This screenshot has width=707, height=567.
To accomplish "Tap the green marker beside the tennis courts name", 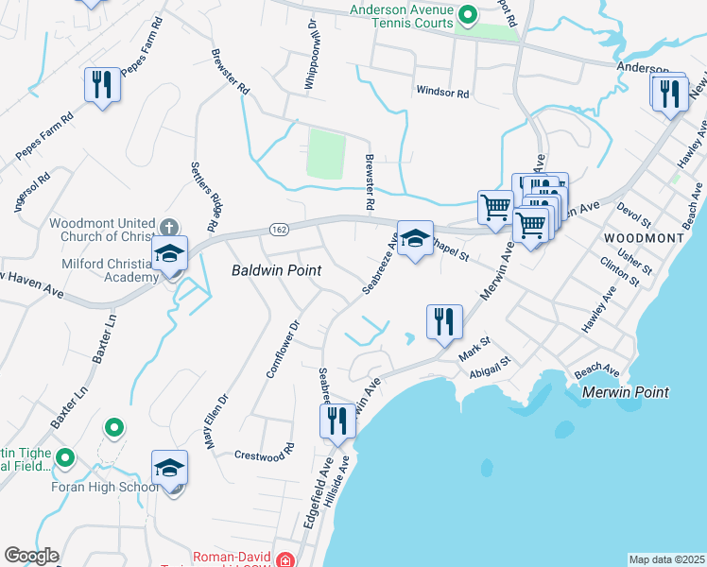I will click(x=467, y=15).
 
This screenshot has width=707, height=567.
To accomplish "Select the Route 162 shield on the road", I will click(x=279, y=229).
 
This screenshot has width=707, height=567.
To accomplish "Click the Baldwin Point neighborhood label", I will click(x=277, y=270).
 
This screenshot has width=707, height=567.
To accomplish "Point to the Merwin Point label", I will click(x=626, y=391).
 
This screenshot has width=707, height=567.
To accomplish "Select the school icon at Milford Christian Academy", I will click(x=170, y=255).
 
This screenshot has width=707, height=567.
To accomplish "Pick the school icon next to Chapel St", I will click(x=415, y=240).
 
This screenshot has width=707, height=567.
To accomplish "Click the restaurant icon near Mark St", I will click(x=443, y=322).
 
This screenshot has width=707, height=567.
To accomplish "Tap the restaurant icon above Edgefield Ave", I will click(x=337, y=421).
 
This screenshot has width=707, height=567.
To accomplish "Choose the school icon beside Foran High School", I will click(x=170, y=469).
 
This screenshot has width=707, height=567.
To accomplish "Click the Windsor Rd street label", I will click(x=442, y=93).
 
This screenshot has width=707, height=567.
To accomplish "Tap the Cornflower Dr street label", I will click(x=282, y=349).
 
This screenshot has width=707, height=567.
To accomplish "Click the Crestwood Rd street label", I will click(x=259, y=455).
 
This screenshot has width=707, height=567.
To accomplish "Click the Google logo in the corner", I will click(x=30, y=556).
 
